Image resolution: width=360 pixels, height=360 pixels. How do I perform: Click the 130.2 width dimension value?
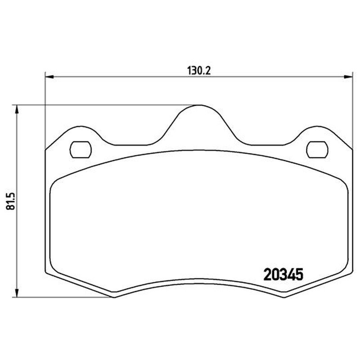199,71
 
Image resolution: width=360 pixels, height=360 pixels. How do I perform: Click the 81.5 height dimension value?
10,201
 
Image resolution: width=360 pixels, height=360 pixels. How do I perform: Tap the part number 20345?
283,274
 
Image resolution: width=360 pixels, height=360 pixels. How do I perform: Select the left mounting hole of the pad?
81,150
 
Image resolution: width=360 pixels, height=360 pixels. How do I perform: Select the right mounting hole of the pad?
317,150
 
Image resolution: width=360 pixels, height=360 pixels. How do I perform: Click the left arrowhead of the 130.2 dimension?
49,77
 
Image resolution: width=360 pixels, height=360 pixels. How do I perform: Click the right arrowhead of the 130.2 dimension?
348,77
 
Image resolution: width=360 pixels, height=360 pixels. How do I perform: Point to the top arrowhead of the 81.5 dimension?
16,109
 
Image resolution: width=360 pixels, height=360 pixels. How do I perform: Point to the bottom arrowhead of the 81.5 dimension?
16,293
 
